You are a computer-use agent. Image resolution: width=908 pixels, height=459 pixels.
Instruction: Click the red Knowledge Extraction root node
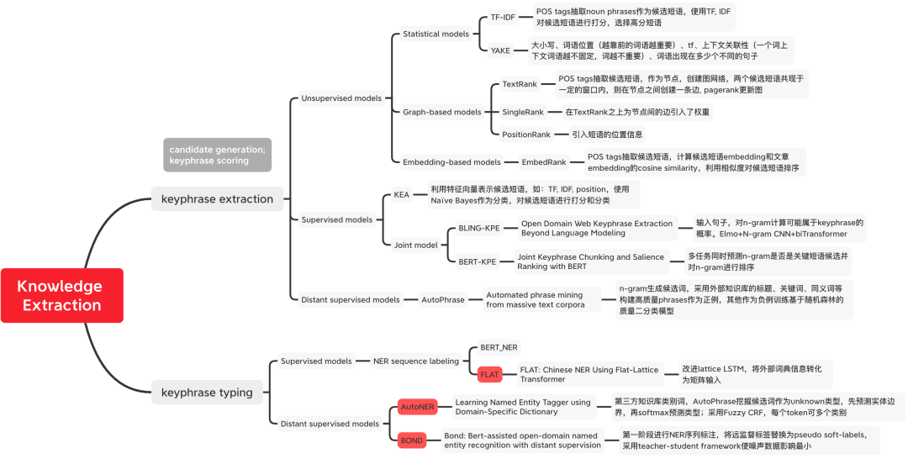[x=61, y=295]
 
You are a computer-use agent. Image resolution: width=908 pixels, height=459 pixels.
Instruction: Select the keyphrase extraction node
[x=217, y=199]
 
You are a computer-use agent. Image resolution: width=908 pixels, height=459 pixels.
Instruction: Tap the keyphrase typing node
[x=207, y=393]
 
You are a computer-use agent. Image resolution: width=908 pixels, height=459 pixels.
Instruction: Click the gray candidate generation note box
[x=217, y=155]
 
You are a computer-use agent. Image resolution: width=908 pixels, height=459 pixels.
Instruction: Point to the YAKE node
[x=500, y=50]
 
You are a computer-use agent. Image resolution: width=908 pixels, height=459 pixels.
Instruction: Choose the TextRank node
[x=519, y=84]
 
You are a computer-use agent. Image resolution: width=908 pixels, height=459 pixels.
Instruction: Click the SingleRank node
[x=522, y=112]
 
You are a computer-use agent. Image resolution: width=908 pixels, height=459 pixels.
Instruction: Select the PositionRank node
[x=525, y=135]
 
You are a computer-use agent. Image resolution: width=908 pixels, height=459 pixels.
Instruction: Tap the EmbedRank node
[x=544, y=162]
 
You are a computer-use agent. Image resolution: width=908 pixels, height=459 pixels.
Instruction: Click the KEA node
[x=401, y=194]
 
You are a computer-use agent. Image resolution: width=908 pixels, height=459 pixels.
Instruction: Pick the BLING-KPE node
[x=478, y=228]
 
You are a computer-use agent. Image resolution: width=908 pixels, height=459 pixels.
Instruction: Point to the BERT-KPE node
[x=477, y=261]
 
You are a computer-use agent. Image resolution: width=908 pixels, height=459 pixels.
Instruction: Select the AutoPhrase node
[x=442, y=300]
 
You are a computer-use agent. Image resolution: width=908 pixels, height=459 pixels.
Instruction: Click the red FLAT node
[x=489, y=374]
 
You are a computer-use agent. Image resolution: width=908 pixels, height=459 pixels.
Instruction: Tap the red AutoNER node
[x=417, y=407]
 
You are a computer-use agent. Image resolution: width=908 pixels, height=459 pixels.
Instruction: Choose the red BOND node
[x=412, y=440]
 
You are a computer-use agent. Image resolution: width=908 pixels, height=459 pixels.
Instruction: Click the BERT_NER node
[x=499, y=347]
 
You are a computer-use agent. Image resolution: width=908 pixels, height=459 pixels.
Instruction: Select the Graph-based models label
[x=441, y=112]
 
